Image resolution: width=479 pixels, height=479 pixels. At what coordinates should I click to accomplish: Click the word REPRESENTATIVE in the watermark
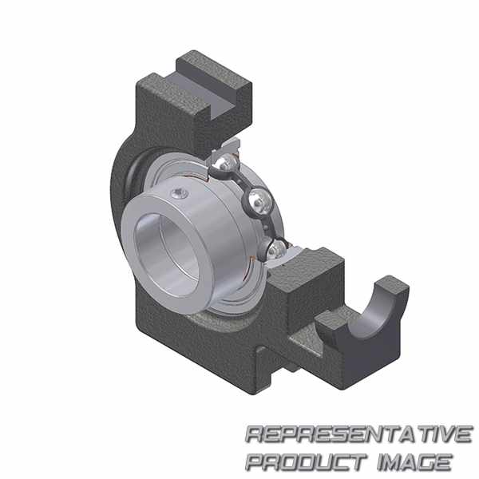click(x=359, y=434)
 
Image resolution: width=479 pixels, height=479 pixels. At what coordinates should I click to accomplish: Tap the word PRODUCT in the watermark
click(x=306, y=462)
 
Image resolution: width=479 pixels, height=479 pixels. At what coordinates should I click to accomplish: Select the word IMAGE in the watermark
click(x=414, y=462)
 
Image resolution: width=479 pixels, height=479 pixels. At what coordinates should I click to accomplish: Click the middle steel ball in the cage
click(x=259, y=201)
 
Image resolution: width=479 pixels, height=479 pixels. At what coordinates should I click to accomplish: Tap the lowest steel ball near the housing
click(x=277, y=250)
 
